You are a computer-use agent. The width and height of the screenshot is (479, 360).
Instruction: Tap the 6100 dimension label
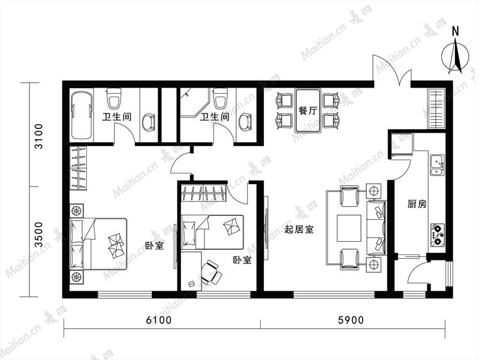click(159, 320)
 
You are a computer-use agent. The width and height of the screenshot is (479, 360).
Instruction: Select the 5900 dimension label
click(351, 320)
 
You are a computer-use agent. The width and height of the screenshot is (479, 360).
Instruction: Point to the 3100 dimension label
click(39, 136)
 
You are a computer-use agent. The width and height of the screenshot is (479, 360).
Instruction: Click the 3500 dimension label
click(39, 235)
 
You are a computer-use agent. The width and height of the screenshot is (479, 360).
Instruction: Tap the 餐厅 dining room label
click(308, 110)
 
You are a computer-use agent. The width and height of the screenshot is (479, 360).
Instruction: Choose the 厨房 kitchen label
click(417, 204)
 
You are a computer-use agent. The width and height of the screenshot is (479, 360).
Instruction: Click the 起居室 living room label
click(299, 229)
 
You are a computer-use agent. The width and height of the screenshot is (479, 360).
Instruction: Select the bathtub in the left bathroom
click(82, 115)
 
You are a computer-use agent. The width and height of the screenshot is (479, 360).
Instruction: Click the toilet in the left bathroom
click(114, 98)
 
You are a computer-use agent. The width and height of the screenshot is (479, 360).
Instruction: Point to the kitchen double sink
click(437, 165)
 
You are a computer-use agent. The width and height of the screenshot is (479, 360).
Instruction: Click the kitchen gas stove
click(438, 235)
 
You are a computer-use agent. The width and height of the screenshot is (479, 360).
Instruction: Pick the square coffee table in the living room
click(349, 228)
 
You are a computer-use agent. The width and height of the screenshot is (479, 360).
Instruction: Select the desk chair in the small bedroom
click(210, 272)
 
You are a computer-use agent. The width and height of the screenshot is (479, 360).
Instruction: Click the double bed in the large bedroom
click(98, 244)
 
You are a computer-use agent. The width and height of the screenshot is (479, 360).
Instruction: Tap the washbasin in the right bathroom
click(245, 122)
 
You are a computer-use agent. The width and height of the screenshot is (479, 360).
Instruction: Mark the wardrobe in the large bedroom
click(78, 168)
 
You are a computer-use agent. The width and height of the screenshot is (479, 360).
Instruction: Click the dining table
click(308, 110)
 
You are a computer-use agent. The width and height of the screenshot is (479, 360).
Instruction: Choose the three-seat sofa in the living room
click(376, 227)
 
